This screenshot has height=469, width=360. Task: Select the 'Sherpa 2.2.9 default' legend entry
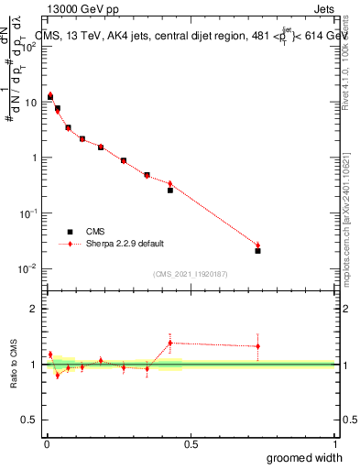112,245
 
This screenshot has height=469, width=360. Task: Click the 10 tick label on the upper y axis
30,102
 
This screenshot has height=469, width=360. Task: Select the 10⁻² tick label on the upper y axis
28,268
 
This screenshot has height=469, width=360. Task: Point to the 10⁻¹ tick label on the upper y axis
28,213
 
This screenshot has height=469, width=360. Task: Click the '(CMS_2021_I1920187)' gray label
191,274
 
